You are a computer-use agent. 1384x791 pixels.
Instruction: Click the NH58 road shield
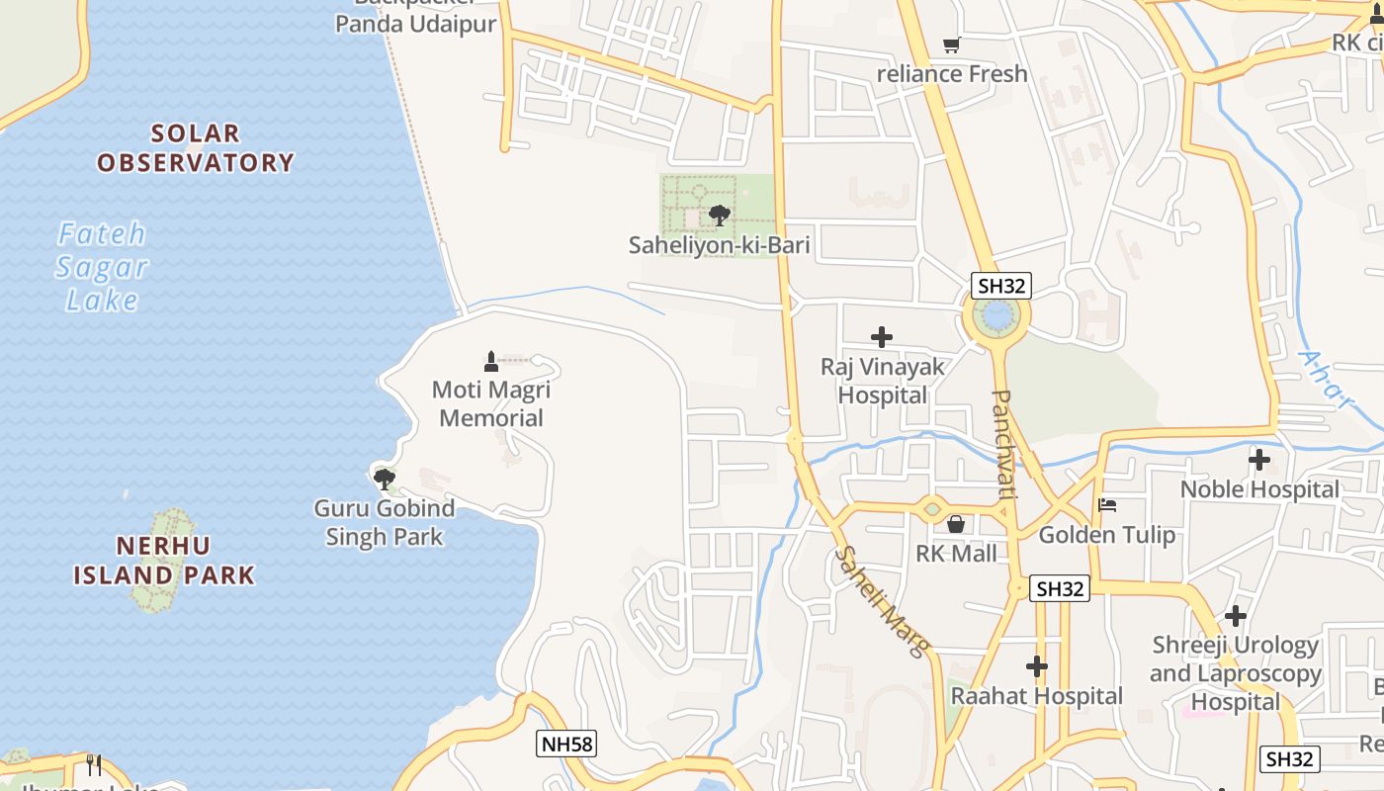(x=567, y=744)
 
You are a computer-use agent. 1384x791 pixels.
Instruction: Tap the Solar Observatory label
(x=196, y=148)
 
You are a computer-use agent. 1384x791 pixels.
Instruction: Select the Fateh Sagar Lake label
(x=101, y=267)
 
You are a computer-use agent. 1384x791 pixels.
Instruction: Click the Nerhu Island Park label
(x=164, y=560)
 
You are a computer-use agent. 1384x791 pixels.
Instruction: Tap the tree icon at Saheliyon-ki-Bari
(x=720, y=215)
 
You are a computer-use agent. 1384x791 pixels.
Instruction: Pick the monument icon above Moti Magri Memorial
(x=491, y=361)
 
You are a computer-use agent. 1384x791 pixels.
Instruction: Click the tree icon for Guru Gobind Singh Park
(x=384, y=480)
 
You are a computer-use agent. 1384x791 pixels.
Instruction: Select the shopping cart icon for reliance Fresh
(x=952, y=44)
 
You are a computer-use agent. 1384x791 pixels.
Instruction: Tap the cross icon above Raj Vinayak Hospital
(x=881, y=337)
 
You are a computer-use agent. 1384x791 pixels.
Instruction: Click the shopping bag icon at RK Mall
(x=956, y=524)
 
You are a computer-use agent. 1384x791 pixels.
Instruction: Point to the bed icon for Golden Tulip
(x=1107, y=505)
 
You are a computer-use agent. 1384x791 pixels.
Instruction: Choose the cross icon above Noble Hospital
(x=1258, y=460)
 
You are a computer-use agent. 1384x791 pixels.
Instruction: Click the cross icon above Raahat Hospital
(x=1036, y=666)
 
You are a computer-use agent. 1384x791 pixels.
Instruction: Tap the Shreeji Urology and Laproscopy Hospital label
(x=1236, y=673)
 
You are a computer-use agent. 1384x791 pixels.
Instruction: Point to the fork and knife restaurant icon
(x=94, y=764)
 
